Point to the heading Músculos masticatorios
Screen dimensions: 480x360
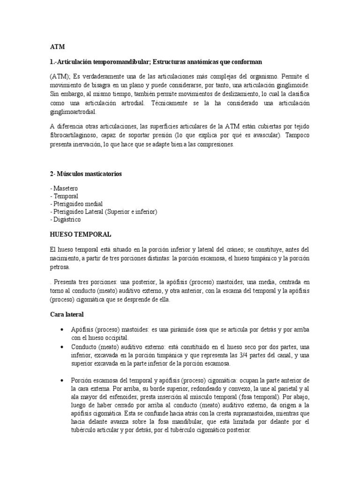90,174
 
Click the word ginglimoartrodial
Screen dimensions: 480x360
73,112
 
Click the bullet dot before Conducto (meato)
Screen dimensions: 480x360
62,347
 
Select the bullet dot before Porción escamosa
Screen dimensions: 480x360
62,380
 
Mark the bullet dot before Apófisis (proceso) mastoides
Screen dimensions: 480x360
62,330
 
